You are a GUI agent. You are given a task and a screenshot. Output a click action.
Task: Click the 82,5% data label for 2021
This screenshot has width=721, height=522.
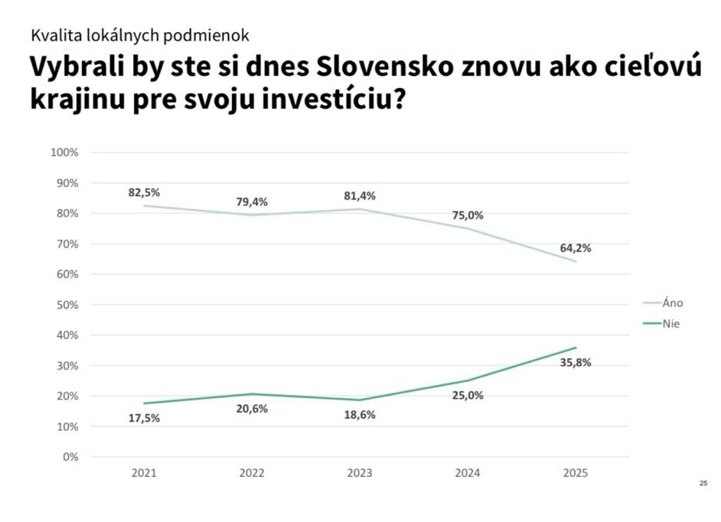point(144,192)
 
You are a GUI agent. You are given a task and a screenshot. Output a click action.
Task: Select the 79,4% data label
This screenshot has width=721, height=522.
point(252,202)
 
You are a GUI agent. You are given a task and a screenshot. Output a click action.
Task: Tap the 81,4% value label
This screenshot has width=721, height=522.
point(360,196)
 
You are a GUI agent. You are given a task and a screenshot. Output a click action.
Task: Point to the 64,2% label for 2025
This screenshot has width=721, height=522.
point(576,248)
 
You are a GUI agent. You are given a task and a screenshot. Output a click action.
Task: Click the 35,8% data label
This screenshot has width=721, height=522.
point(576,363)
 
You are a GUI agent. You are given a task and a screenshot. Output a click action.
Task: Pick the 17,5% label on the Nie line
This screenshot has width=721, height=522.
point(144,418)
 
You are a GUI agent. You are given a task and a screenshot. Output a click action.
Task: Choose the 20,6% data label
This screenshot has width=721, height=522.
point(252,409)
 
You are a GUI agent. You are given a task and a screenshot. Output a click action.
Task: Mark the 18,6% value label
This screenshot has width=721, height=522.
point(360,415)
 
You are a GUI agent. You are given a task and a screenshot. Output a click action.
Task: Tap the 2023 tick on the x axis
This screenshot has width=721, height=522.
point(360,474)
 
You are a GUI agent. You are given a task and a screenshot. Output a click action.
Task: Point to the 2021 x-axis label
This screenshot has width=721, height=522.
point(144,474)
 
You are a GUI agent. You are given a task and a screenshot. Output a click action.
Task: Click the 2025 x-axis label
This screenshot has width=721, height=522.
point(576,474)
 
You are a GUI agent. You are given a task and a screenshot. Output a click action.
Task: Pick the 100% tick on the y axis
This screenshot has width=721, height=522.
point(64,152)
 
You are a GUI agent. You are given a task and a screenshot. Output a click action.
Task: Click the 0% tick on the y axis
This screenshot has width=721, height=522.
point(70,457)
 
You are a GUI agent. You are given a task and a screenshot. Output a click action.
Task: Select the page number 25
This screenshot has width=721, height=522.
point(703,483)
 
